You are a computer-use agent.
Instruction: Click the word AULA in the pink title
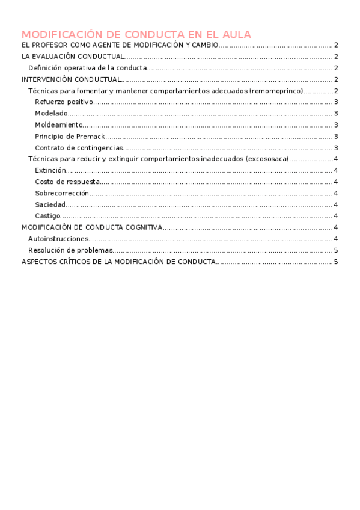click(235, 34)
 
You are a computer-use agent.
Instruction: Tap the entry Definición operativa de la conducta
click(88, 68)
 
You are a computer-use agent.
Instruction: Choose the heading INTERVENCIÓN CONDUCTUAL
click(72, 79)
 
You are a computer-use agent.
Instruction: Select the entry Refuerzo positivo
click(64, 102)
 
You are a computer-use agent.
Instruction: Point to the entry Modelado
click(51, 114)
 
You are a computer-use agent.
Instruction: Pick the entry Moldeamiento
click(58, 125)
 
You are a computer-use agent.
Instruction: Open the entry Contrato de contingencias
click(79, 148)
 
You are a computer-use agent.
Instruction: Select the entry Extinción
click(50, 170)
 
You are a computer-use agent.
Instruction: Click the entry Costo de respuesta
click(67, 182)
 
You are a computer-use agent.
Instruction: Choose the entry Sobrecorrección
click(62, 193)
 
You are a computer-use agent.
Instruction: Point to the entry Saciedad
click(50, 204)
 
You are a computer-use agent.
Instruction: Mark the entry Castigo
click(47, 216)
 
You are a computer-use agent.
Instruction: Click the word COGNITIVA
click(142, 227)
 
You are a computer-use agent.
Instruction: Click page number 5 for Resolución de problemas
click(336, 250)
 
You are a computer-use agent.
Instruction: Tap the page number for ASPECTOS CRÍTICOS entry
click(336, 262)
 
